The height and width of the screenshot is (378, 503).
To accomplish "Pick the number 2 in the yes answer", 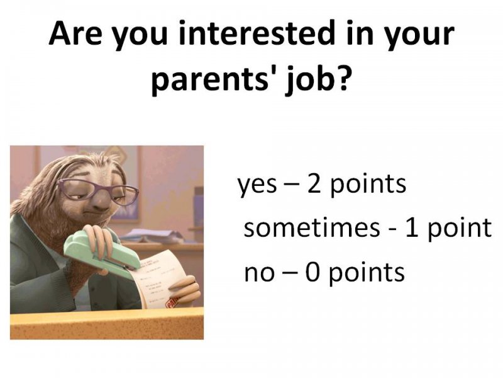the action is point(314,183).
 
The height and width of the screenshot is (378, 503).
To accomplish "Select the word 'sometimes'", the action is point(312,227).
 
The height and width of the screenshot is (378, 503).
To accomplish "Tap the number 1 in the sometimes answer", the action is point(412,227).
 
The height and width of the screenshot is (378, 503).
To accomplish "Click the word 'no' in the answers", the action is point(259,273).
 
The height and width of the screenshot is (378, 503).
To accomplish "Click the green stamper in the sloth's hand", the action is point(102,253).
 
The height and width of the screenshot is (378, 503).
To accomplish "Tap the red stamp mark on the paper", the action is point(172,302).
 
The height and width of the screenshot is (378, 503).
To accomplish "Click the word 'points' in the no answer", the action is point(367,273).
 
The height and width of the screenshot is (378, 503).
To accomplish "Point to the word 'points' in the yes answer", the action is point(368,185).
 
